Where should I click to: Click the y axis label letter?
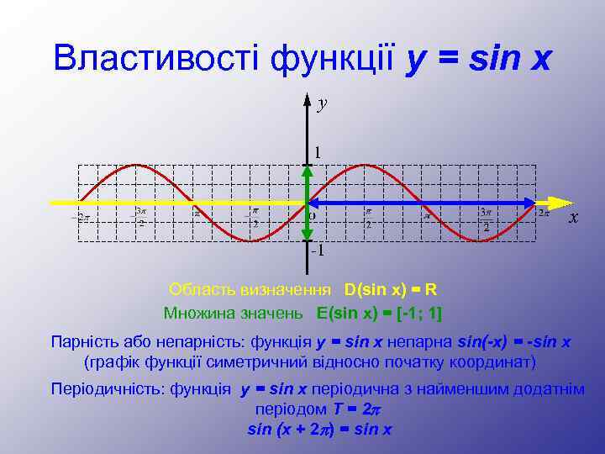coord(323,103)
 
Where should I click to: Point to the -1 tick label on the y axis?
coord(316,251)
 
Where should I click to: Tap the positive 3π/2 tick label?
coord(486,218)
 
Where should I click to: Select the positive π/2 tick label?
coord(368,218)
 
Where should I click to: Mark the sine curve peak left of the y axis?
coord(136,164)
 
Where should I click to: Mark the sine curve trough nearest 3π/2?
coord(480,241)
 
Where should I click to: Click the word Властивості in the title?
coord(157,58)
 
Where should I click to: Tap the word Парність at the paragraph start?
coord(79,342)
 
